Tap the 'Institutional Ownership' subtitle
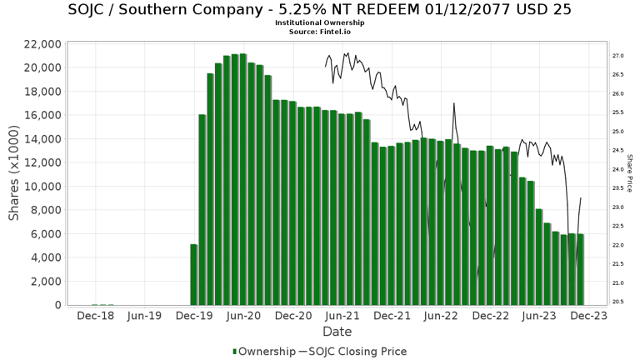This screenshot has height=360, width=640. [x=320, y=22]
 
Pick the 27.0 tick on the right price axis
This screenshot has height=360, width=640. [x=618, y=56]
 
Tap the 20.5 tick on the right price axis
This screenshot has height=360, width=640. [x=618, y=302]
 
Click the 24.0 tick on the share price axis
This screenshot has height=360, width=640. [x=618, y=169]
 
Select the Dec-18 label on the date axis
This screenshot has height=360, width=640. [x=95, y=317]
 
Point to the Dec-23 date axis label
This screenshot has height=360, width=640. [x=588, y=317]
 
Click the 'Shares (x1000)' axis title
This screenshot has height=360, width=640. [x=14, y=174]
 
